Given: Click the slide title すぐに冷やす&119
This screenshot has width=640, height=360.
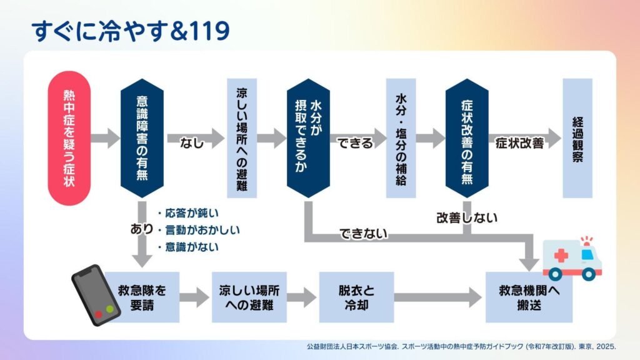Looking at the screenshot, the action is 131,31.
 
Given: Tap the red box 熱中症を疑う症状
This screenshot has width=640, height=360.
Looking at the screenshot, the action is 69,138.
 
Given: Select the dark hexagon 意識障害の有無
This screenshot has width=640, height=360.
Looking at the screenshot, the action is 142,138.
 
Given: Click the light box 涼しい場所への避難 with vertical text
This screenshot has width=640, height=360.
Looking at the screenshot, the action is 242,138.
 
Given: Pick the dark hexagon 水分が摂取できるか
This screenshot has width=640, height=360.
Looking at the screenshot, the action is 308,138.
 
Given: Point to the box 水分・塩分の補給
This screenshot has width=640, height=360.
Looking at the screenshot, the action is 401,138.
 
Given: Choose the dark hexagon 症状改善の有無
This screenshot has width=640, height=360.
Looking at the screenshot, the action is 467,138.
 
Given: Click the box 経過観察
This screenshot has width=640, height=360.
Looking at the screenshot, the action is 577,138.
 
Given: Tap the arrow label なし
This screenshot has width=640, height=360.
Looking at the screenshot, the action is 192,143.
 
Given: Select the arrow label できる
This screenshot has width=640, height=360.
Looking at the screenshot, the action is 355,143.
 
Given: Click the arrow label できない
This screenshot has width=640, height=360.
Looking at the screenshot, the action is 363,234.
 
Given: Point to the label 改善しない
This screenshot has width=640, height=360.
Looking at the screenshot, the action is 467,217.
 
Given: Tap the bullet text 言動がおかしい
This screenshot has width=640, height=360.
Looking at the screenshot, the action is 202,230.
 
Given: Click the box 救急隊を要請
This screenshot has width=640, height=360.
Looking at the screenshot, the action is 142,297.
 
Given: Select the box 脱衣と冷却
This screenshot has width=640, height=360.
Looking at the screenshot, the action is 356,297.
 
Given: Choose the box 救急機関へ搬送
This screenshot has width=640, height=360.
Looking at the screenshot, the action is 529,297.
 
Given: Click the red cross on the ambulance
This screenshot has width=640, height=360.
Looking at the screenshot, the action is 561,256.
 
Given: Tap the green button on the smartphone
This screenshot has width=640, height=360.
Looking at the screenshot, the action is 110,309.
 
